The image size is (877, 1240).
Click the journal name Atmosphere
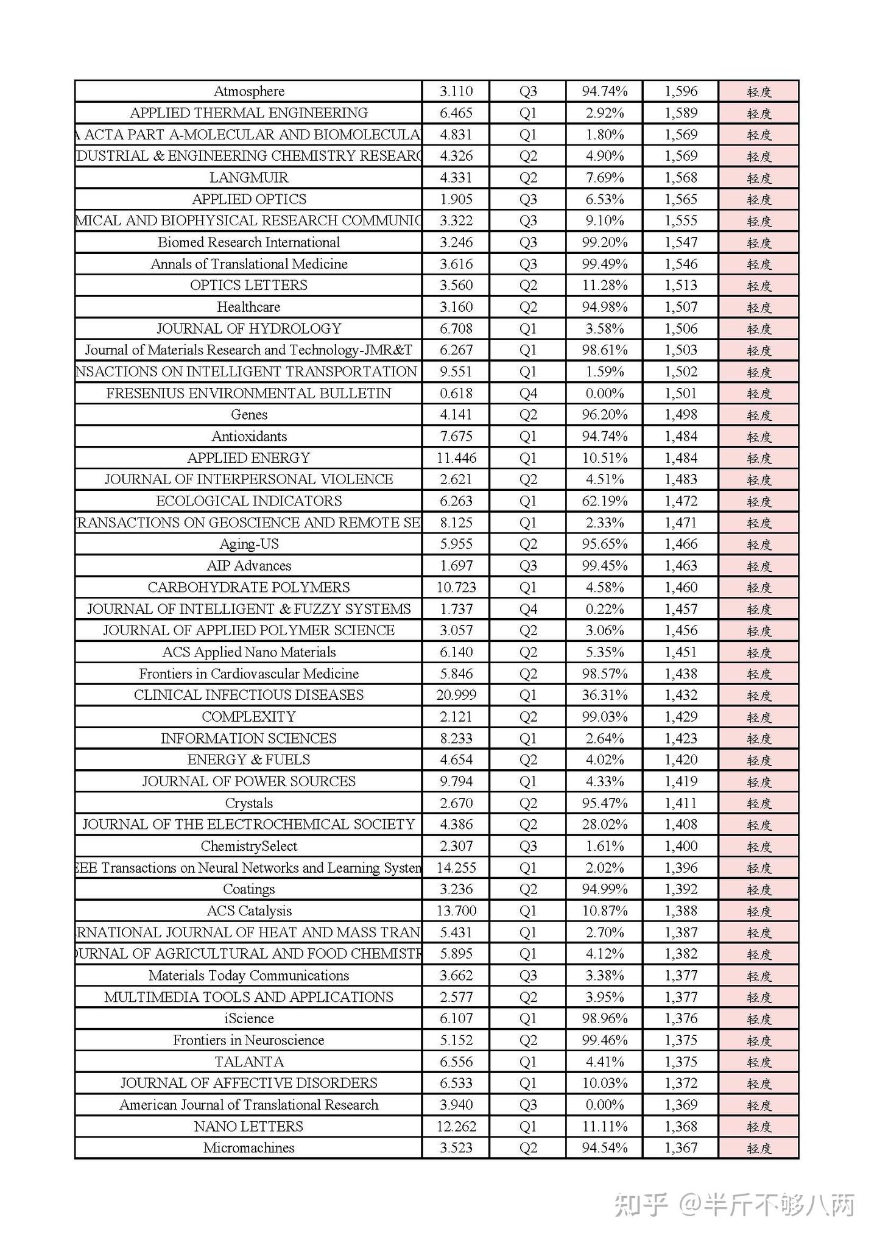pyautogui.click(x=248, y=91)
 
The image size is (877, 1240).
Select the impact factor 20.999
pyautogui.click(x=456, y=695)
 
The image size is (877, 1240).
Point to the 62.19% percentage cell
pyautogui.click(x=604, y=501)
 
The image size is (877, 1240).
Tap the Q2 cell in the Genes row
pyautogui.click(x=528, y=415)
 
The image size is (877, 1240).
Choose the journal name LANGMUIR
pyautogui.click(x=248, y=178)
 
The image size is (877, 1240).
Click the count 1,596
pyautogui.click(x=681, y=91)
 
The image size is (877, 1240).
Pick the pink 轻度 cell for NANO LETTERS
pyautogui.click(x=759, y=1127)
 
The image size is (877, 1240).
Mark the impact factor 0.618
pyautogui.click(x=456, y=393)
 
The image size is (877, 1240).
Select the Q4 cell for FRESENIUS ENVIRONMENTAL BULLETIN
pyautogui.click(x=528, y=393)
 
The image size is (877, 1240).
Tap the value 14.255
pyautogui.click(x=456, y=868)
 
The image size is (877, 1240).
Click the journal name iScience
pyautogui.click(x=248, y=1018)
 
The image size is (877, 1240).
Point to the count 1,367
pyautogui.click(x=681, y=1148)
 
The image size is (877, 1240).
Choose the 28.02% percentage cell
pyautogui.click(x=604, y=825)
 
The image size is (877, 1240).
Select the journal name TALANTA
pyautogui.click(x=248, y=1062)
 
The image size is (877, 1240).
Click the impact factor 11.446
pyautogui.click(x=456, y=458)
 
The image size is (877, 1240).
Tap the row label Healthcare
pyautogui.click(x=248, y=307)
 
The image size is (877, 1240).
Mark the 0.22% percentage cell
pyautogui.click(x=604, y=609)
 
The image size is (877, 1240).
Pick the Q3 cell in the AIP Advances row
pyautogui.click(x=528, y=566)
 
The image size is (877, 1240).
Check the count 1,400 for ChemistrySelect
pyautogui.click(x=681, y=846)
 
